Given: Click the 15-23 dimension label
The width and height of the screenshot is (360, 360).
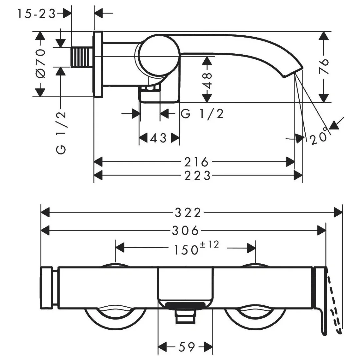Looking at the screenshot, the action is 36,14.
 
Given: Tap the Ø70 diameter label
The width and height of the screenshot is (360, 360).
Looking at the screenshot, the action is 41,63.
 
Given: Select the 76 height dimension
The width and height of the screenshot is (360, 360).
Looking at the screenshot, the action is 324,67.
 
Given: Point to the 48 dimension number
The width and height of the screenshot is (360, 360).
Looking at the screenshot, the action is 207,81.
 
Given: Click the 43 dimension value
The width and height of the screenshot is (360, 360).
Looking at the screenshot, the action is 158,138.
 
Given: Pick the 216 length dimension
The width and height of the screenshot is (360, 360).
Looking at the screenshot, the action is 196,162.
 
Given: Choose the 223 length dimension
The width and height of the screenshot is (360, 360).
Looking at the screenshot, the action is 197,176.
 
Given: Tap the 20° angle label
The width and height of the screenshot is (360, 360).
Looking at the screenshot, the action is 318,136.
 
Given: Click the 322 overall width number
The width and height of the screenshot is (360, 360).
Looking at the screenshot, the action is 188,213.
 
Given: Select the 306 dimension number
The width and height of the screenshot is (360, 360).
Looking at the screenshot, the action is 186,231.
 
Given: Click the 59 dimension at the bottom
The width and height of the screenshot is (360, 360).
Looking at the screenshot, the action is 187,347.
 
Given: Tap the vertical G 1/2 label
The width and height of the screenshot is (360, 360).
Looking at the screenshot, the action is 61,133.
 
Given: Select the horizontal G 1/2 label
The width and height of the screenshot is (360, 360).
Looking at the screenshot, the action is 202,114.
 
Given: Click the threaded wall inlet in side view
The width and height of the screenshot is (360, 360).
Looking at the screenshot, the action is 82,57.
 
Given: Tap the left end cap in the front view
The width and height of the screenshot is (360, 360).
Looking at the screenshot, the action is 47,288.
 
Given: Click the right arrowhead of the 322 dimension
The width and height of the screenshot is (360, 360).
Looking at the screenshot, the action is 338,212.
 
